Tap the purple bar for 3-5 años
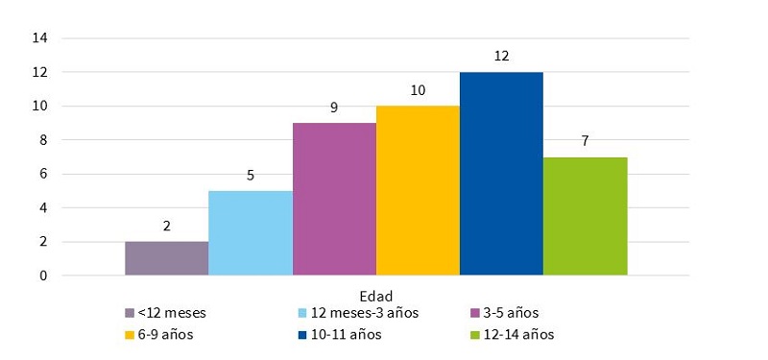[x=334, y=199]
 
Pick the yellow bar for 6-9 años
[x=418, y=190]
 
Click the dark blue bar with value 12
[x=501, y=174]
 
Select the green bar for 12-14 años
[x=585, y=216]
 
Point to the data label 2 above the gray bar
[x=166, y=227]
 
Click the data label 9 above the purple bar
[x=334, y=108]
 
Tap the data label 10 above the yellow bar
[x=418, y=90]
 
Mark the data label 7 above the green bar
[x=585, y=141]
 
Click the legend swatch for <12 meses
[x=130, y=313]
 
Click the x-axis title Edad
[x=375, y=295]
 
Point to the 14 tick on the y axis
[x=41, y=38]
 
